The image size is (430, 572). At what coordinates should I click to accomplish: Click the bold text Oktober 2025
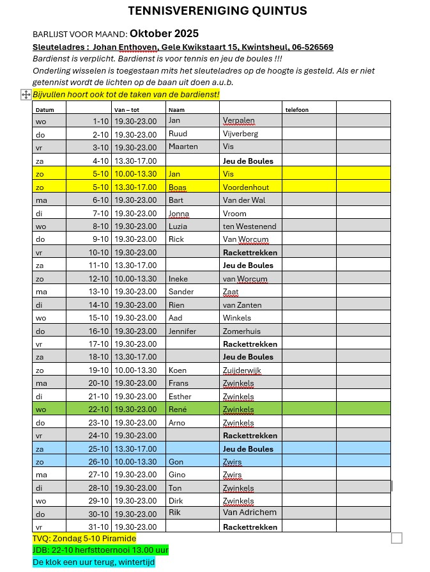164,33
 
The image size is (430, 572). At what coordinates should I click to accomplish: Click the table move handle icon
26,95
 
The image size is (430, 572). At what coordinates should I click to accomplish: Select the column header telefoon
297,109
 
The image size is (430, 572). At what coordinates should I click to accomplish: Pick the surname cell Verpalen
238,120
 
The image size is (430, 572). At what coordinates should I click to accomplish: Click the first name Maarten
183,147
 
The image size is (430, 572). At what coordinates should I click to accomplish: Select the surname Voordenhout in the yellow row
246,187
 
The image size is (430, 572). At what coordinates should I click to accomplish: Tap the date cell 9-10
100,239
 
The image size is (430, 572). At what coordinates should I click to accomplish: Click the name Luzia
178,226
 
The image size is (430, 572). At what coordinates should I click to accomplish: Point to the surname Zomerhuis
242,331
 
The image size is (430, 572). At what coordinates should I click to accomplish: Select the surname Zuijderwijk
242,370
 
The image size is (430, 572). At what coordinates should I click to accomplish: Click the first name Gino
177,474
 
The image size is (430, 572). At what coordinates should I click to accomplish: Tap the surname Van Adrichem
249,512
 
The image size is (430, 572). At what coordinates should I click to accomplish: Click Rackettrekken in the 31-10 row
250,527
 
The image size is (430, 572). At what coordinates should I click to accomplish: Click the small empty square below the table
397,538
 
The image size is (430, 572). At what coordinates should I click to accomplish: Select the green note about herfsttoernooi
100,550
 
